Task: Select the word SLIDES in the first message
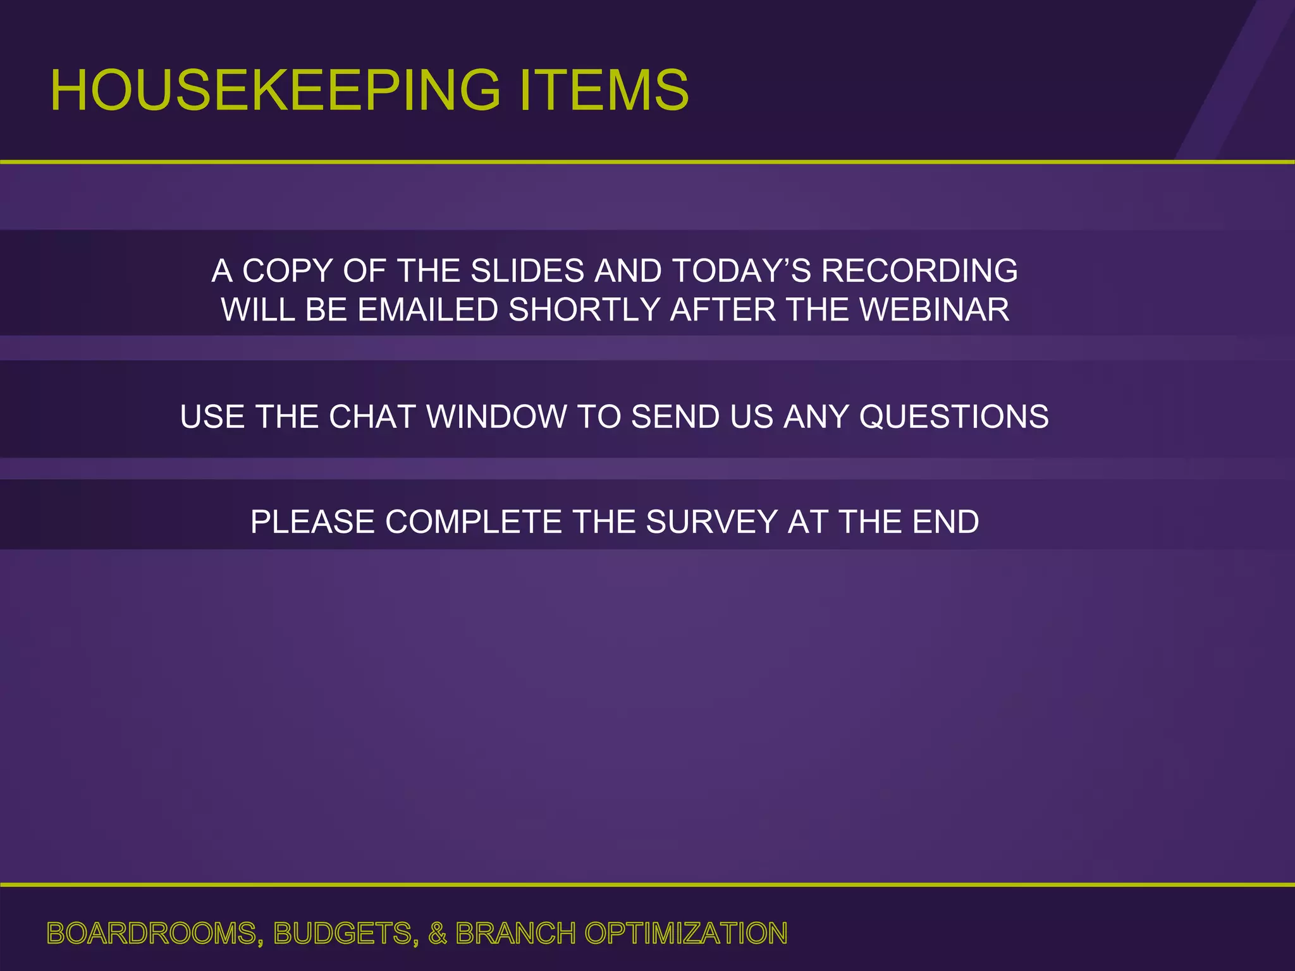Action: (527, 271)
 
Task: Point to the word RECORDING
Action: (919, 271)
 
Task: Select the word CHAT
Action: (372, 417)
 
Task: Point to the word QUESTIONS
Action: (954, 417)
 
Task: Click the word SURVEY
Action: (711, 522)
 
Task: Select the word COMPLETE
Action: (474, 522)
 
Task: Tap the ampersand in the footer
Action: (437, 934)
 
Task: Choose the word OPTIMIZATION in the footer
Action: (685, 934)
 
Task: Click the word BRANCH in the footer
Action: (515, 934)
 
